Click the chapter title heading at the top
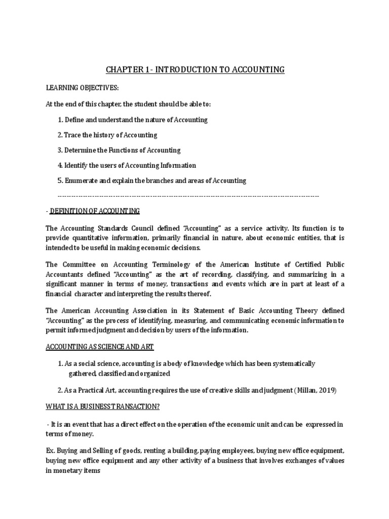[x=195, y=69]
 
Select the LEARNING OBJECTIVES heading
[x=82, y=88]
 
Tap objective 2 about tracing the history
[x=107, y=135]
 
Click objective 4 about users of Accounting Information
[x=127, y=165]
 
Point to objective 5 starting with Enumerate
[x=152, y=180]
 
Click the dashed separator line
[x=188, y=196]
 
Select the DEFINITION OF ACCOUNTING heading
[x=94, y=210]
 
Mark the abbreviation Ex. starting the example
[x=50, y=451]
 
